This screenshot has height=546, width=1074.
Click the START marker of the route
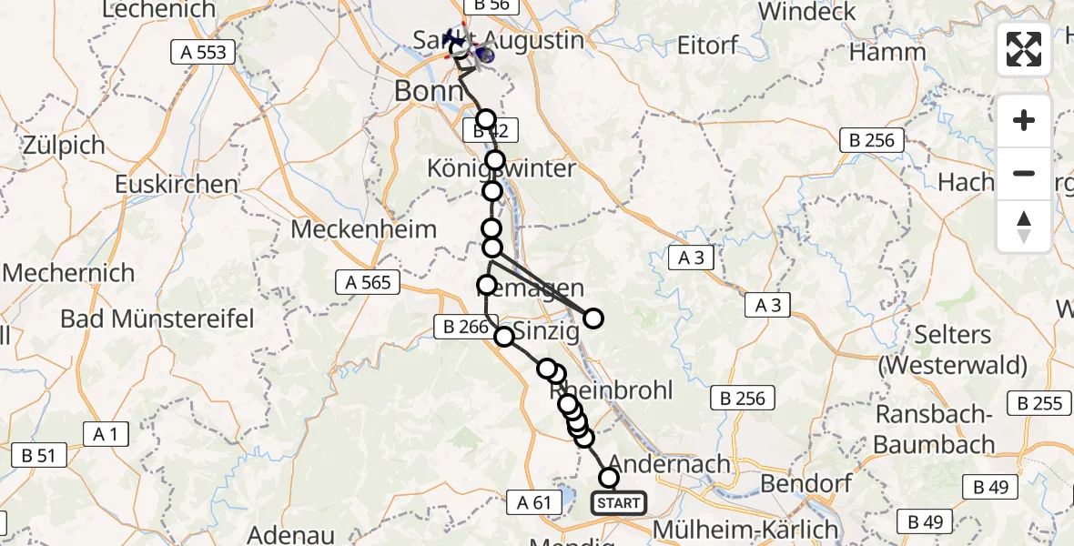pyautogui.click(x=619, y=502)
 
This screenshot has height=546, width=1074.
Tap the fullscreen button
pyautogui.click(x=1024, y=49)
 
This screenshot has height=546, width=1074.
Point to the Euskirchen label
pyautogui.click(x=177, y=185)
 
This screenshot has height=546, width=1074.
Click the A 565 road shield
pyautogui.click(x=369, y=282)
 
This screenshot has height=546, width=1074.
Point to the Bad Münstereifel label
pyautogui.click(x=157, y=318)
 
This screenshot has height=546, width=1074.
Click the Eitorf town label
pyautogui.click(x=708, y=44)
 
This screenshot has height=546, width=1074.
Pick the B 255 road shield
pyautogui.click(x=1041, y=403)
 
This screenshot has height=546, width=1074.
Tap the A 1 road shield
pyautogui.click(x=106, y=434)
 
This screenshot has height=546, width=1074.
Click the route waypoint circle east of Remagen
pyautogui.click(x=593, y=318)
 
